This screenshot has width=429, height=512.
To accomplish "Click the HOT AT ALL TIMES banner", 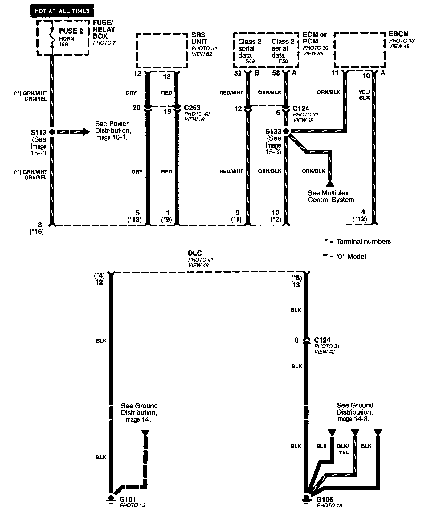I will (62, 11).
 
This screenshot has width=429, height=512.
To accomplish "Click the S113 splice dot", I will (52, 132).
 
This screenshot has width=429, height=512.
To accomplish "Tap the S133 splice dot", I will (286, 132).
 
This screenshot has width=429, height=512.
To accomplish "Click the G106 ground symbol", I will (307, 499).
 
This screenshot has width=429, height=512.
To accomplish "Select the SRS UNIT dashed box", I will (162, 50).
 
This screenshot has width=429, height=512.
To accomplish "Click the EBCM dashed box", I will (360, 50).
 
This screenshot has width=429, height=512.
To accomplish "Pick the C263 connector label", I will (192, 108).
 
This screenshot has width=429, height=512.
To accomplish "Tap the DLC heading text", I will (195, 254).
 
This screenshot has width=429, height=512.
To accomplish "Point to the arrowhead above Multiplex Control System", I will (330, 184).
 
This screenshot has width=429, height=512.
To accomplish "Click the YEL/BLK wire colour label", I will (364, 95).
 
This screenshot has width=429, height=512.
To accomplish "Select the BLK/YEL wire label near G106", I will (343, 449).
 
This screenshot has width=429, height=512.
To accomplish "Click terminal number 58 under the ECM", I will (276, 73).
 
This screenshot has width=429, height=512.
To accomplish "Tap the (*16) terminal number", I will (36, 232).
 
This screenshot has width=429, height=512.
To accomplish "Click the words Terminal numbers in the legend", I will (364, 242).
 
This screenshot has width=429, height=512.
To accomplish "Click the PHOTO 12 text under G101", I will (132, 505).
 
